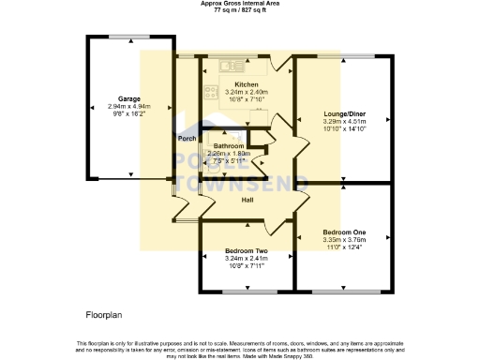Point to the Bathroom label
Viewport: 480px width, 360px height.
coord(228,146)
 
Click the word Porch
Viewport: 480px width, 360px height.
coord(187,139)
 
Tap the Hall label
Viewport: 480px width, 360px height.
coord(247,200)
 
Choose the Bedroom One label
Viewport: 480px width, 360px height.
coord(344,232)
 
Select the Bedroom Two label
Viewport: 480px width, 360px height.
coord(247,251)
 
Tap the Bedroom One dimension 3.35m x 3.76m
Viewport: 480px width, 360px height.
coord(344,240)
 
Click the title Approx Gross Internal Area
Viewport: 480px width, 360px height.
coord(240,4)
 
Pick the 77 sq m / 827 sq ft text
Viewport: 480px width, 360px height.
coord(240,11)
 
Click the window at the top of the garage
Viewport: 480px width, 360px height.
coord(128,37)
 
